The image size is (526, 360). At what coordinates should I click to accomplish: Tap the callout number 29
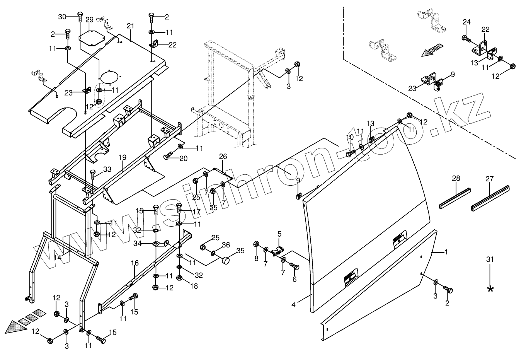point(89,19)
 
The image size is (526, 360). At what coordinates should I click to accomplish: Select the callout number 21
point(130,26)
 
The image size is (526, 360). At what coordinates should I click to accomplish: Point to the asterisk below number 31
point(490,289)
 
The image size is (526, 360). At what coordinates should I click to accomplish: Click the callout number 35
point(240,251)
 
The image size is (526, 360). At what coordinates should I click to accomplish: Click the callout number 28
point(456,178)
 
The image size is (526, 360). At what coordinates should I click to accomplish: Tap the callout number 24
point(466,22)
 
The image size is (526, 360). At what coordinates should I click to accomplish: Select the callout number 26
point(223,156)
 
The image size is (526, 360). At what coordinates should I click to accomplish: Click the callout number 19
point(123,157)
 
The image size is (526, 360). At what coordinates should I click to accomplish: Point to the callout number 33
point(107,169)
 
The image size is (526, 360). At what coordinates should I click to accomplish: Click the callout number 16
point(134,263)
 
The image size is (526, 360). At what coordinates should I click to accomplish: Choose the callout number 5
point(279,234)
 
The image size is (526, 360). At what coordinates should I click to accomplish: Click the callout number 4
point(294,304)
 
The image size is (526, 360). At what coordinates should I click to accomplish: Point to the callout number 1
point(446,252)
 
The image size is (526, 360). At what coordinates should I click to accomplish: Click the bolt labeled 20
point(168,156)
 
